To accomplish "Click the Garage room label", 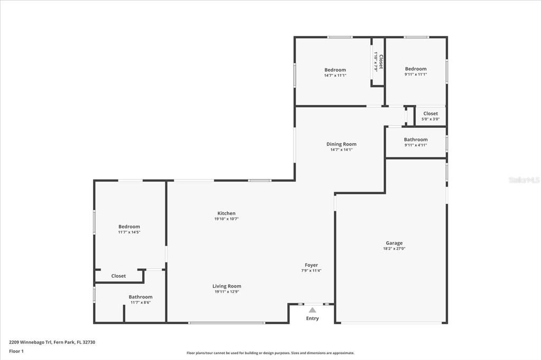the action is pyautogui.click(x=394, y=243).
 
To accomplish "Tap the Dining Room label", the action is pyautogui.click(x=341, y=144).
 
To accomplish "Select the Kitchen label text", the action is pyautogui.click(x=226, y=213).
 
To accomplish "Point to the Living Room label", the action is pyautogui.click(x=227, y=286).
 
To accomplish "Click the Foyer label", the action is pyautogui.click(x=311, y=265).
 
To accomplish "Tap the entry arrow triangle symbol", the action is pyautogui.click(x=312, y=310).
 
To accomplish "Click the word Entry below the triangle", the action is pyautogui.click(x=312, y=318).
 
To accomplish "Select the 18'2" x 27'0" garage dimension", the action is pyautogui.click(x=394, y=248).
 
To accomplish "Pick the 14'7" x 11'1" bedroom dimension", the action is pyautogui.click(x=335, y=75).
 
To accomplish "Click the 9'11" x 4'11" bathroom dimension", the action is pyautogui.click(x=416, y=145).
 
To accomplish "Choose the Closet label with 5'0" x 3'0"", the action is pyautogui.click(x=430, y=113).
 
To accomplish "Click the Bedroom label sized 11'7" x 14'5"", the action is pyautogui.click(x=129, y=226).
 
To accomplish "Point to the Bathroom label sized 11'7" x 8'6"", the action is pyautogui.click(x=141, y=297).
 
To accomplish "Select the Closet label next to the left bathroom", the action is pyautogui.click(x=118, y=276).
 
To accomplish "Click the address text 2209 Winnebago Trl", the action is pyautogui.click(x=30, y=343).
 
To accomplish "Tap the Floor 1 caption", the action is pyautogui.click(x=16, y=352).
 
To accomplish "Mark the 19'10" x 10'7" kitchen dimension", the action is pyautogui.click(x=226, y=219).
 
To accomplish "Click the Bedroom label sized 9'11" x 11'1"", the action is pyautogui.click(x=416, y=69).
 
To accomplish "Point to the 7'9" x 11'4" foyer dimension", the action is pyautogui.click(x=311, y=270).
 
